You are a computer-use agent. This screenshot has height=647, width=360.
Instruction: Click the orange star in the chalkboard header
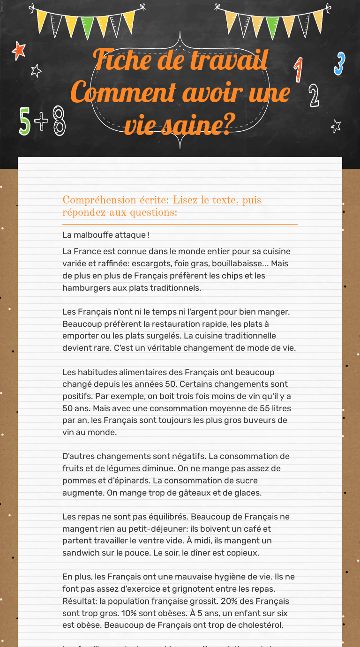[19, 50]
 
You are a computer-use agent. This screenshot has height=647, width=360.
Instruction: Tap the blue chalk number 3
[339, 64]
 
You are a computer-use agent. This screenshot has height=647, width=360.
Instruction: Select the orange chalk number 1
[298, 70]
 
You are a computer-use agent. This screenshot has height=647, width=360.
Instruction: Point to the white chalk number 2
[314, 96]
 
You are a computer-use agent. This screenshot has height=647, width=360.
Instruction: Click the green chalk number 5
[25, 121]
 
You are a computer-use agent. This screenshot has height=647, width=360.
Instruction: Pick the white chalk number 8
[59, 121]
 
